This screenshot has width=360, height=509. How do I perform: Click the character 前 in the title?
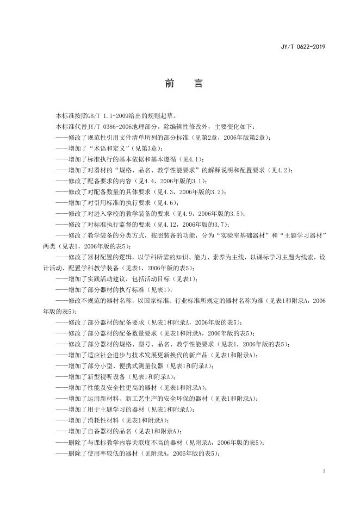pos(169,84)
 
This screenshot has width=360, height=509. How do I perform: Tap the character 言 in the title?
pos(198,84)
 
